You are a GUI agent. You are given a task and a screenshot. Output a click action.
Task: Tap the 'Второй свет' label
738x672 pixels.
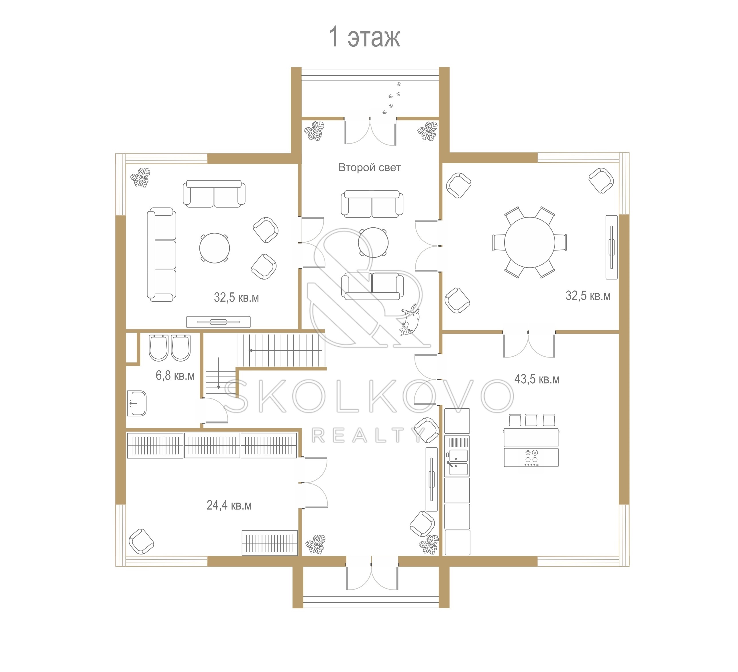point(369,167)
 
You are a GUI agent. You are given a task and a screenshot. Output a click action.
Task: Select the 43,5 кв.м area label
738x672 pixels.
point(537,379)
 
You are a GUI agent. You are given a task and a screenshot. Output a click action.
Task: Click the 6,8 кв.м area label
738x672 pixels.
point(175,375)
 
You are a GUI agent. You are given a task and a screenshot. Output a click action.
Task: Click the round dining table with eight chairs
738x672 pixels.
point(529,242)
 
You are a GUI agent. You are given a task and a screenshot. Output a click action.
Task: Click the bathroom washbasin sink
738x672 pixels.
point(137,403)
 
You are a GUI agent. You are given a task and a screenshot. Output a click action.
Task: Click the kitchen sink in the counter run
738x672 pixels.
point(457,463)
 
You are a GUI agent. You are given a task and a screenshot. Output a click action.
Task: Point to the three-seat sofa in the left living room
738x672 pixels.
point(162,255)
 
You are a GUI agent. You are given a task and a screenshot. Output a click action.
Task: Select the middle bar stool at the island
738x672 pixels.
point(531,420)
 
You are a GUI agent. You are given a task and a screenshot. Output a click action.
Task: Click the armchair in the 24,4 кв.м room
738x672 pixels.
point(141,541)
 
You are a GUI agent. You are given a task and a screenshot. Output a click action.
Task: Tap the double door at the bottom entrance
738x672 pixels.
point(372,573)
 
